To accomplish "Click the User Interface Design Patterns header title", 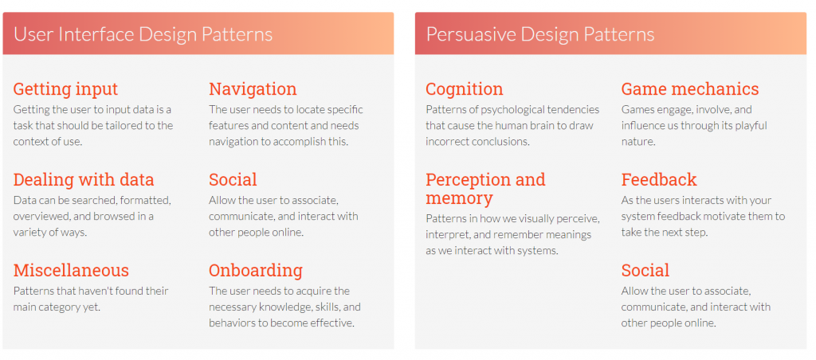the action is pos(143,34).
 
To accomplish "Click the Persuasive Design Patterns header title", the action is pos(540,34).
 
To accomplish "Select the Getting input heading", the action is pos(65,89).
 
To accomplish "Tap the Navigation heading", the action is pos(253,89).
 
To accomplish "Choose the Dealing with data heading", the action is pos(84,180).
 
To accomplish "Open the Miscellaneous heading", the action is pos(71,271).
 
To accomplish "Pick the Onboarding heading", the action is pos(256,271).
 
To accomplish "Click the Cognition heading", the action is pos(465,89).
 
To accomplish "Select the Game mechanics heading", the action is pos(690,89).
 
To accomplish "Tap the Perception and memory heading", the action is pos(485,189).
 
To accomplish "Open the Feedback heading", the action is pos(659,180).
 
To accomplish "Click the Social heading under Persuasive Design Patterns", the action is pos(645,271).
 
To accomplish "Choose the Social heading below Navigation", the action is pos(233,180).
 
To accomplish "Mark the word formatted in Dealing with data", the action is pos(147,201).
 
